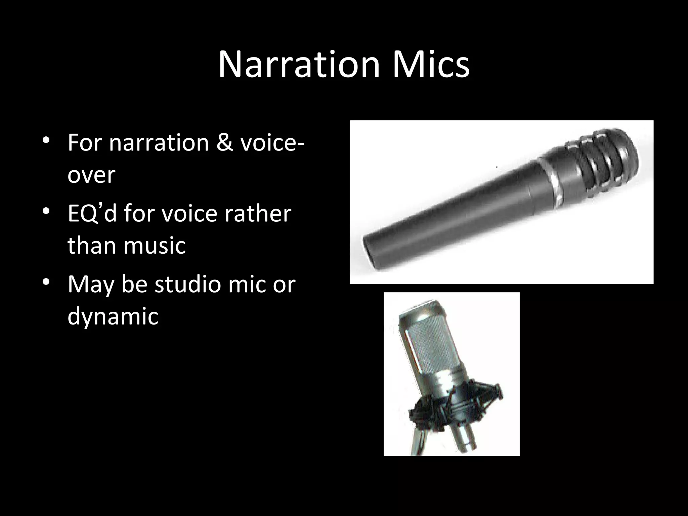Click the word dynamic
coord(113,316)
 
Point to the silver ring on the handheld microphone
coord(551,181)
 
